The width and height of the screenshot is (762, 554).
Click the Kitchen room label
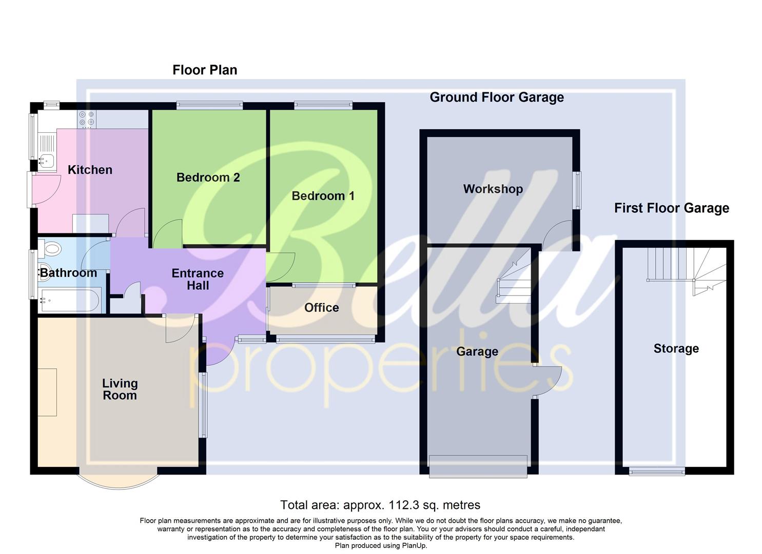coord(90,170)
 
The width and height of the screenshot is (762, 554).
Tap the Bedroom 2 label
coord(208,177)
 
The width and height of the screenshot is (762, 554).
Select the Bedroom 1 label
coord(323,196)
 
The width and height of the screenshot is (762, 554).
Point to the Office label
coord(321,308)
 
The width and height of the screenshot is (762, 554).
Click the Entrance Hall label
coord(198,280)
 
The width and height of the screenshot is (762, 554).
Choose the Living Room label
coord(120,389)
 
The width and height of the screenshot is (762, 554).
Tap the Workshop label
coord(493,189)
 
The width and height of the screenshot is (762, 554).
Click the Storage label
coord(676,349)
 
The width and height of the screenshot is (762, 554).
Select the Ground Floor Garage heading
coord(496,97)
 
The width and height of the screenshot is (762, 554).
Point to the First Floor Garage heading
coord(671,208)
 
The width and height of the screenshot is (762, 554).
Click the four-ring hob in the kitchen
coord(86,118)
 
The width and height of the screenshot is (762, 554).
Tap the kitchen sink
coord(46,161)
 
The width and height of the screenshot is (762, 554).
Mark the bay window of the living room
coord(118,480)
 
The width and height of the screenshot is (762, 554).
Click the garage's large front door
coord(478,466)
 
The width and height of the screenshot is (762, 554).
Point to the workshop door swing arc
coord(557,234)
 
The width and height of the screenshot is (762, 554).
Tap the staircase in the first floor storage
coord(685,269)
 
